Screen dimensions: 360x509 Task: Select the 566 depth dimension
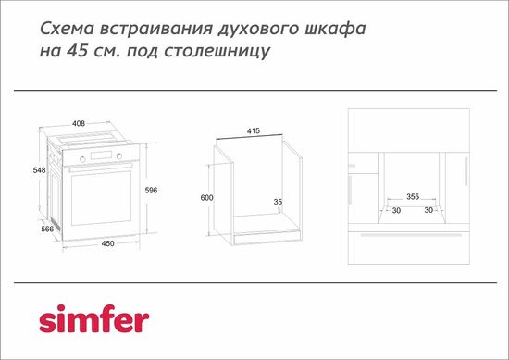(x=47, y=230)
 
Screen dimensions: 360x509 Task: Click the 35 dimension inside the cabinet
(x=278, y=201)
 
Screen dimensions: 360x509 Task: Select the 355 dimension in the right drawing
(x=413, y=197)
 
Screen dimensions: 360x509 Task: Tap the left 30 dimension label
(x=396, y=210)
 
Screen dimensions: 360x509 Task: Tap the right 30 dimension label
(x=429, y=210)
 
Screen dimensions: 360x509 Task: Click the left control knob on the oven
(x=81, y=157)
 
